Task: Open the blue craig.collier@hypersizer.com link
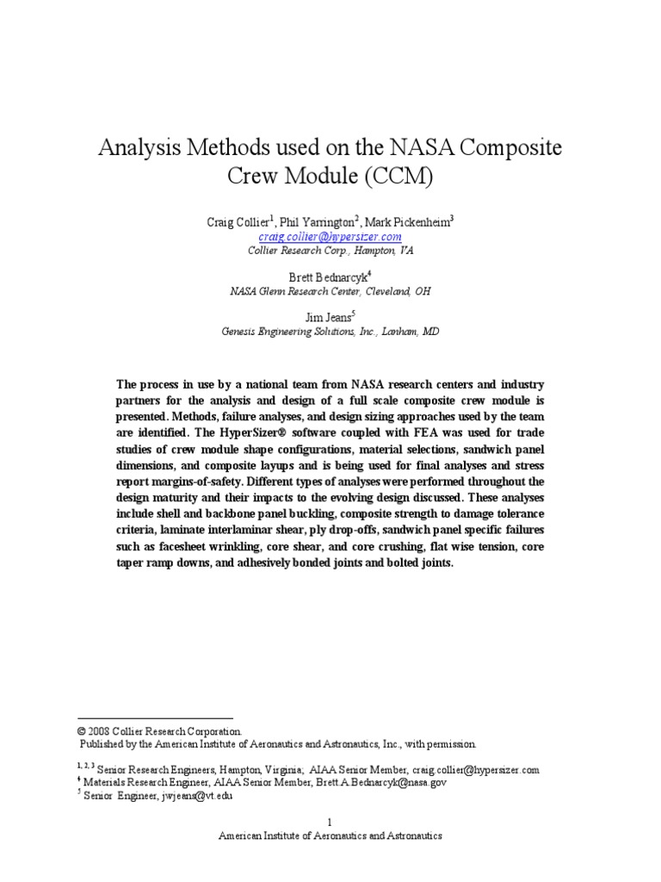pyautogui.click(x=330, y=236)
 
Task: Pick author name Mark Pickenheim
pyautogui.click(x=405, y=221)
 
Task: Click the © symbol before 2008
pyautogui.click(x=83, y=730)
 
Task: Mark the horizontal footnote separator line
pyautogui.click(x=155, y=718)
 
